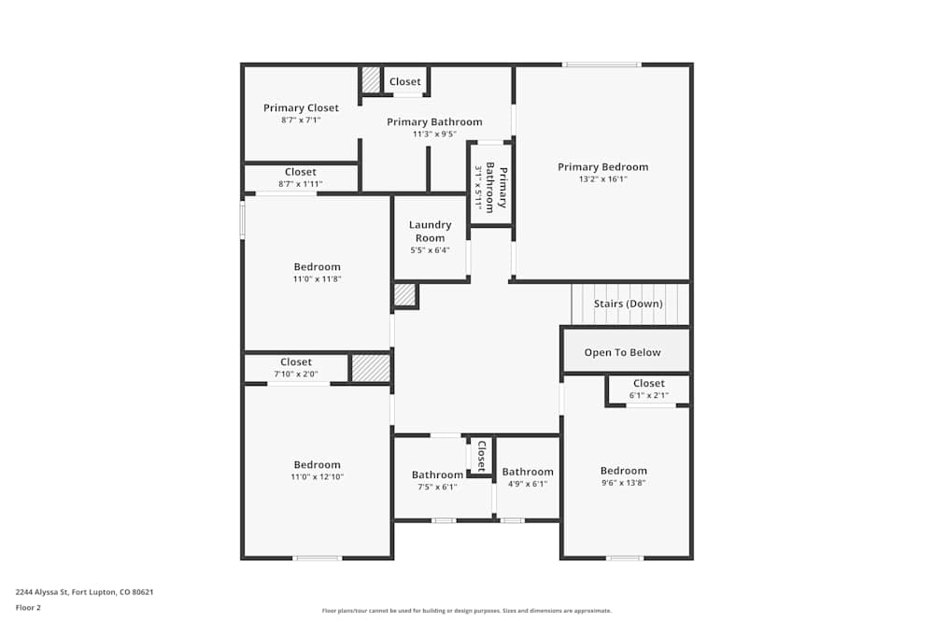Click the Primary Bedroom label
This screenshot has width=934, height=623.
(x=602, y=167)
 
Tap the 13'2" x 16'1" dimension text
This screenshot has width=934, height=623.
(x=602, y=179)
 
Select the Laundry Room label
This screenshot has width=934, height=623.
(x=430, y=231)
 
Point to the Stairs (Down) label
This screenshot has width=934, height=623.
(x=629, y=304)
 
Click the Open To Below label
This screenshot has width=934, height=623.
(x=622, y=352)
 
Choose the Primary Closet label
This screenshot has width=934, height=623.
(x=301, y=107)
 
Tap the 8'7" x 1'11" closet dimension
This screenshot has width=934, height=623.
(x=300, y=184)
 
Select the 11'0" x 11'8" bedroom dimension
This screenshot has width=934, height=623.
(x=317, y=278)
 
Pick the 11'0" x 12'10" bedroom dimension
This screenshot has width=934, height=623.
(x=317, y=476)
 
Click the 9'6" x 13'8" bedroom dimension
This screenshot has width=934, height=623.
(x=623, y=483)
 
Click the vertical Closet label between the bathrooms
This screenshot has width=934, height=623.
(x=481, y=455)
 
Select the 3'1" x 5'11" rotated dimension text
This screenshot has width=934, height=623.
(x=478, y=188)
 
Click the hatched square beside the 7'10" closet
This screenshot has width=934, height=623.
(x=371, y=368)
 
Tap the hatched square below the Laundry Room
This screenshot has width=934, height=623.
(x=404, y=295)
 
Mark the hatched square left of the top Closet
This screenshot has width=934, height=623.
(x=371, y=79)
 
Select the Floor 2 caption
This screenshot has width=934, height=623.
(x=28, y=607)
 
